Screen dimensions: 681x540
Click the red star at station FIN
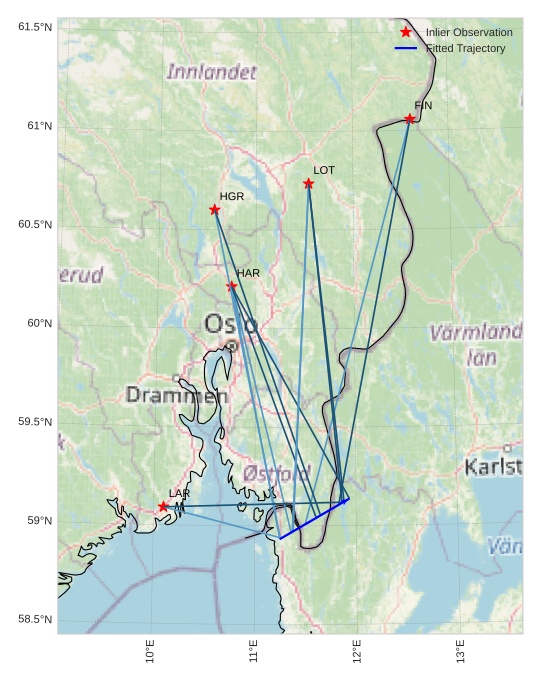coord(410,119)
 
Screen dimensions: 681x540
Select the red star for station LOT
coord(309,184)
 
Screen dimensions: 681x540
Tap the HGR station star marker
coord(215,210)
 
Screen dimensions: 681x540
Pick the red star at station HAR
coord(232,286)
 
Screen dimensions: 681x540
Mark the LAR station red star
coord(163,507)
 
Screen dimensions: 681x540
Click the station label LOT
coord(323,171)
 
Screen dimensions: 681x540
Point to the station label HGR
coord(232,197)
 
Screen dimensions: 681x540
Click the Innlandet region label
coord(212,72)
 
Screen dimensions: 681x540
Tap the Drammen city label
coord(176,396)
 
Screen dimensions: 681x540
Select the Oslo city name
coord(231,324)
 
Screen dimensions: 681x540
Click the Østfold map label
coord(277,472)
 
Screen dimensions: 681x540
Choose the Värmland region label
coord(476,333)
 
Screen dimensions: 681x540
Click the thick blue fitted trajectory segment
coord(314,518)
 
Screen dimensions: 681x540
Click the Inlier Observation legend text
coord(469,33)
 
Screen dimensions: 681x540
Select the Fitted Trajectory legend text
coord(465,48)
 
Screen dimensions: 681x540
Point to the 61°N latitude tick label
coord(35,126)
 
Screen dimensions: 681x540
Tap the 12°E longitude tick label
coord(356,655)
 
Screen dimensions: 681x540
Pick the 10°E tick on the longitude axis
coord(150,655)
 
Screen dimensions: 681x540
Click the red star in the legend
coord(406,33)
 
